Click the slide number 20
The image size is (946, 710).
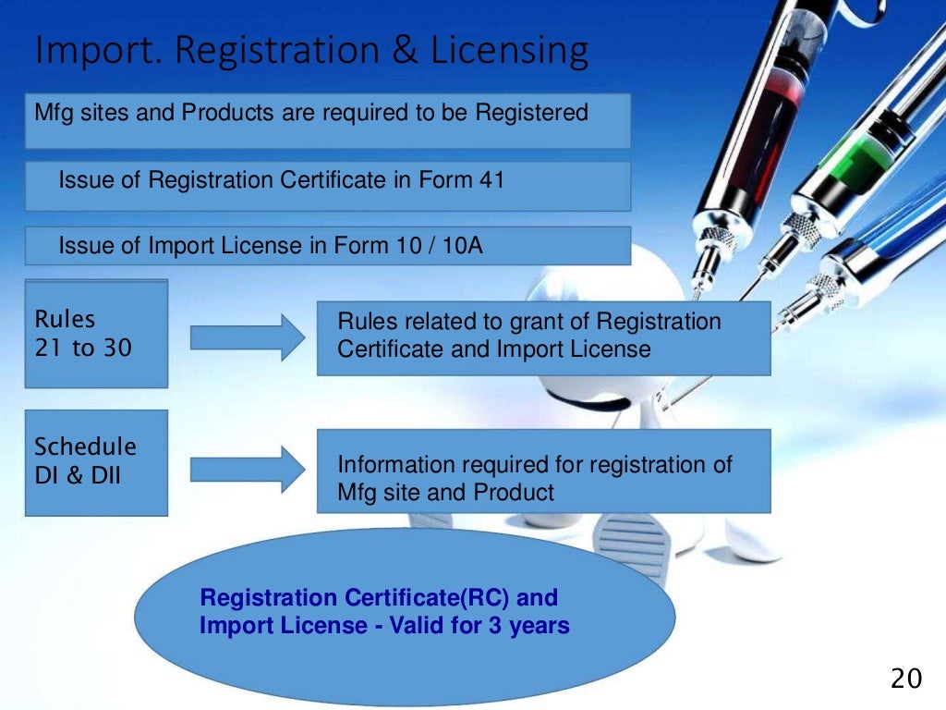pos(905,679)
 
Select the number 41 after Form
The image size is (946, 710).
pos(491,179)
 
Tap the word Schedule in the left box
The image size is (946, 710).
pos(85,447)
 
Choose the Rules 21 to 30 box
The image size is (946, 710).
pos(96,335)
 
